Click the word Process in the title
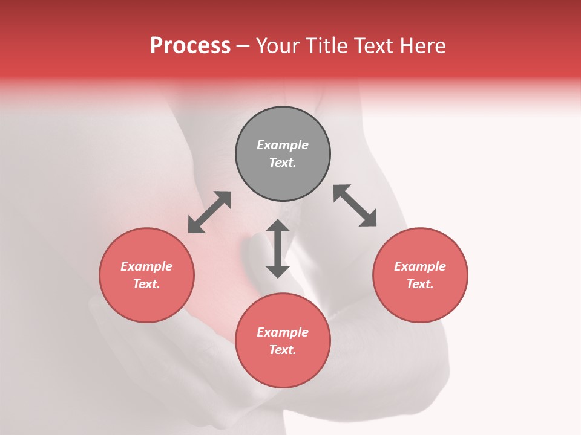(190, 46)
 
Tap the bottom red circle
(283, 369)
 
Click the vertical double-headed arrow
(278, 248)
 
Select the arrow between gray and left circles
(209, 212)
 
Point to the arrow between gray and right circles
(355, 205)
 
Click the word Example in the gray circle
(283, 145)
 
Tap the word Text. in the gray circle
(283, 163)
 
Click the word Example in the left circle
(146, 266)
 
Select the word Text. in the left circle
(146, 284)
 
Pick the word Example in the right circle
(420, 266)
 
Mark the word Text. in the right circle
(420, 284)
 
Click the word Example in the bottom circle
(283, 332)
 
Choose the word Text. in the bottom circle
(283, 350)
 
